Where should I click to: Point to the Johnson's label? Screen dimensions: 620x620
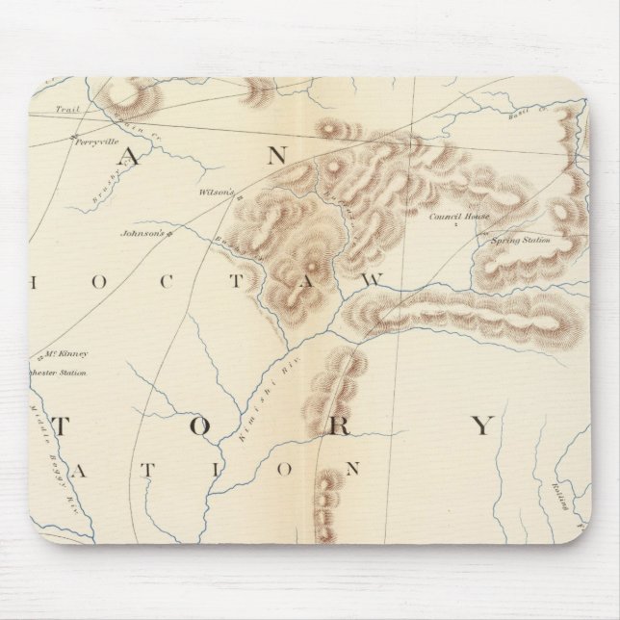137,232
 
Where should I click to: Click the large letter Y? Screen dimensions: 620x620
482,426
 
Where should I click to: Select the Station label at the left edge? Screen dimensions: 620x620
67,373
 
